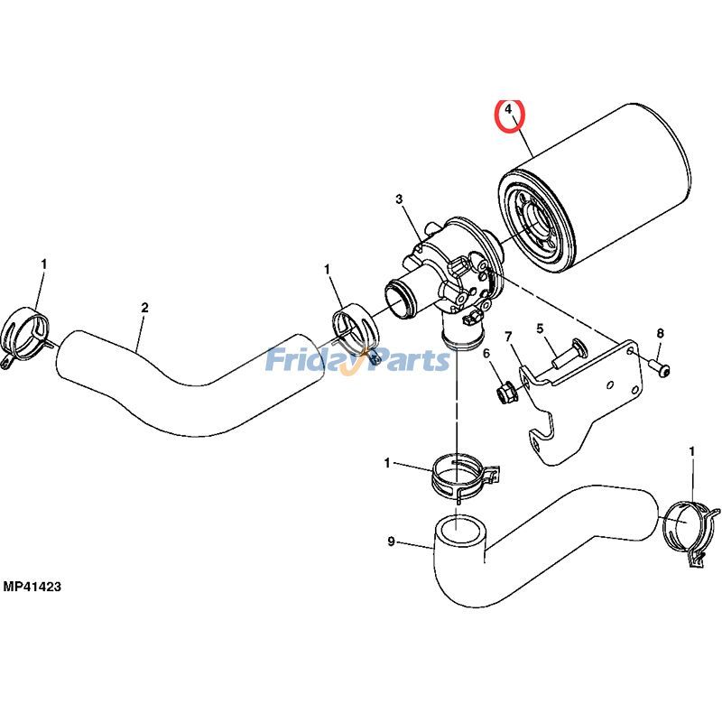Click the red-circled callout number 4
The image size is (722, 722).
pos(510,111)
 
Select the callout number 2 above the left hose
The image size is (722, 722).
pos(144,308)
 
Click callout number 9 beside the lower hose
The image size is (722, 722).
pos(391,541)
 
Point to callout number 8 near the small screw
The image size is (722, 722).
pos(660,333)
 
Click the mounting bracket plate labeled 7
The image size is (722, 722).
pos(587,397)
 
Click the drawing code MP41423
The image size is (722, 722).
pos(32,588)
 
